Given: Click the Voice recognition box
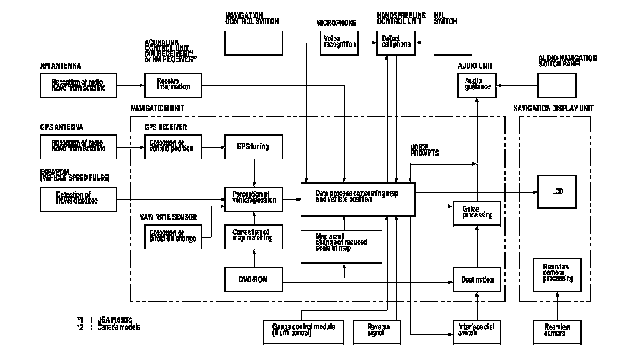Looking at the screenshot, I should [x=340, y=43].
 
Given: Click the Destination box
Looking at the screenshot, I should [x=477, y=279].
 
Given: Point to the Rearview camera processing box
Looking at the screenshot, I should [x=556, y=272].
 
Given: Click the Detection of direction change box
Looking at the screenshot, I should [x=171, y=238].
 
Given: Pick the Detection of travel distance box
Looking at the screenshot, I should [x=79, y=199].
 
